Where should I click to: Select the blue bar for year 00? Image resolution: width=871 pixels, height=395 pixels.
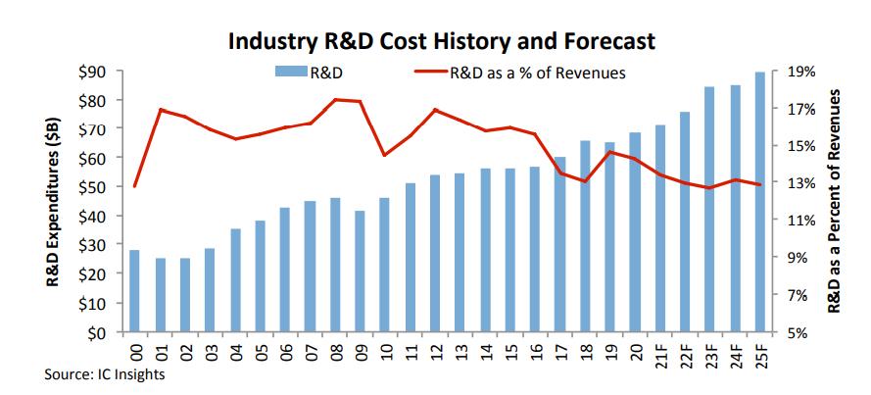coord(134,292)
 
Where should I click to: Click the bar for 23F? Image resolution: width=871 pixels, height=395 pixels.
coord(709,210)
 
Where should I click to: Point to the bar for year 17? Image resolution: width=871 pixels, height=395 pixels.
coord(560,245)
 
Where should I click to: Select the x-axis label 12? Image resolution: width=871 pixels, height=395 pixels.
coord(435,351)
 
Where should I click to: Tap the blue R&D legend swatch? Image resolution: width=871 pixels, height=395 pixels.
coord(294,72)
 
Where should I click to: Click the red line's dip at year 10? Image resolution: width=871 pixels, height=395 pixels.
coord(385,155)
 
